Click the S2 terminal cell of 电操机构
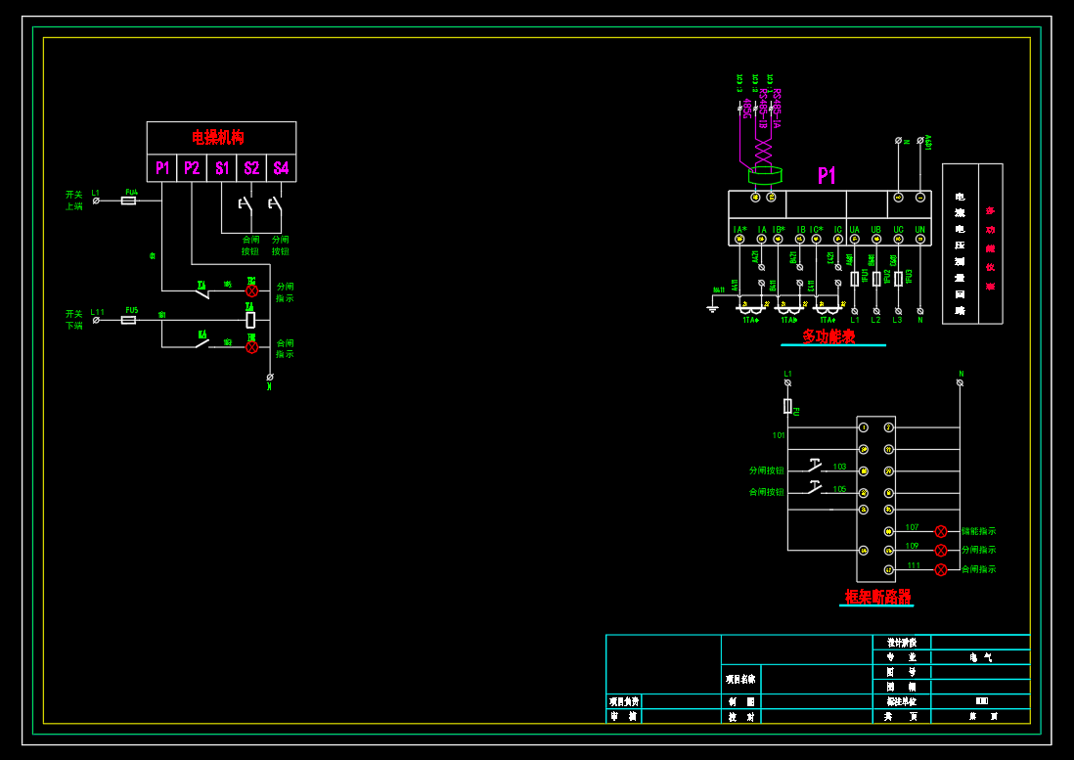[x=251, y=168]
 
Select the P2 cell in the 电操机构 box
[x=192, y=168]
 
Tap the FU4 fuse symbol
[x=128, y=201]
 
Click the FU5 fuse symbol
[x=128, y=320]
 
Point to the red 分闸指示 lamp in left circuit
[x=251, y=291]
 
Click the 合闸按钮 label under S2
[x=250, y=245]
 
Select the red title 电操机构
[x=218, y=137]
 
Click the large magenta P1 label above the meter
[x=827, y=176]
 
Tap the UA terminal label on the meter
[x=854, y=230]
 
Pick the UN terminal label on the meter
[x=919, y=230]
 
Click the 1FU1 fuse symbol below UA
[x=854, y=279]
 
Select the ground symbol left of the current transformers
[x=713, y=308]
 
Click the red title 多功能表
[x=828, y=336]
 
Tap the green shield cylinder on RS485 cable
[x=764, y=176]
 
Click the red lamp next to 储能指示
[x=941, y=531]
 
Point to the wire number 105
[x=839, y=488]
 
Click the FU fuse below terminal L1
[x=787, y=405]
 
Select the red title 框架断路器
[x=877, y=596]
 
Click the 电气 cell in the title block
[x=980, y=658]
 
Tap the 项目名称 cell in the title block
[x=740, y=678]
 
